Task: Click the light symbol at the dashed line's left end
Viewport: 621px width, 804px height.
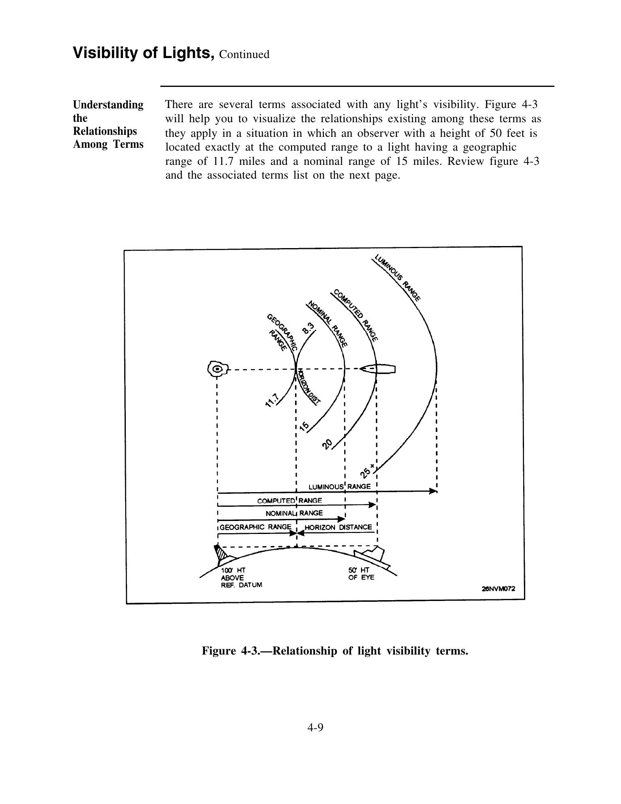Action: click(x=217, y=369)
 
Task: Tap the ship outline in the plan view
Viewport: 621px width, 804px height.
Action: click(x=378, y=369)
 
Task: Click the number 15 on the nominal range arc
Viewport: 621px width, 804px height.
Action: click(x=304, y=426)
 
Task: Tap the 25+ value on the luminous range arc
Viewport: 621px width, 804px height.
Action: click(x=367, y=471)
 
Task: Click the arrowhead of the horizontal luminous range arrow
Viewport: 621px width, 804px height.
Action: click(x=433, y=491)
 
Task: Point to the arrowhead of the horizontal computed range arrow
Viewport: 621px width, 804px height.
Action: click(x=372, y=505)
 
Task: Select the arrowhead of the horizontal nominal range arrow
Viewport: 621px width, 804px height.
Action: click(x=341, y=519)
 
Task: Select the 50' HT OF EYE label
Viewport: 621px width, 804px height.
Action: click(x=361, y=574)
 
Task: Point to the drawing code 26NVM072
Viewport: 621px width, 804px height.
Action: click(x=498, y=588)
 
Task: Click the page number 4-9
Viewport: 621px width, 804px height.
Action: click(x=315, y=728)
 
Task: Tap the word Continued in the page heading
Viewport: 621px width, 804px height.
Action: click(x=244, y=54)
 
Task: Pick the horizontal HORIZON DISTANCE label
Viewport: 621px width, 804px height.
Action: click(x=338, y=527)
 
